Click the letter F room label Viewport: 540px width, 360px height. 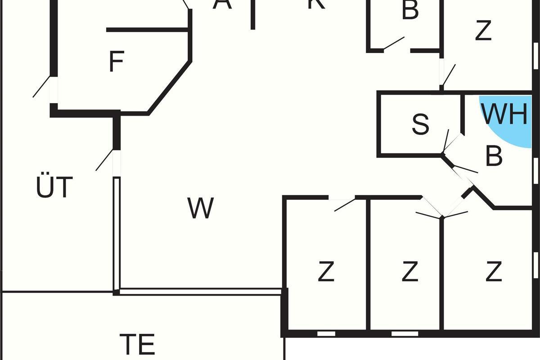[x=117, y=62]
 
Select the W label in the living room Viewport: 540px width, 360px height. [x=201, y=208]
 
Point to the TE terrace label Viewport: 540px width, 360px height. [x=138, y=344]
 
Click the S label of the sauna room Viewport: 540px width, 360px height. [x=420, y=125]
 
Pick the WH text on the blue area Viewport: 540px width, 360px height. [x=504, y=114]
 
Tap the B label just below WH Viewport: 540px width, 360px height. [x=494, y=156]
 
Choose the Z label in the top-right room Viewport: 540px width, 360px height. [x=483, y=31]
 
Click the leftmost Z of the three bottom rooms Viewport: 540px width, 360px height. [x=326, y=272]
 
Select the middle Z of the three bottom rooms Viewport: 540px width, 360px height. [x=409, y=272]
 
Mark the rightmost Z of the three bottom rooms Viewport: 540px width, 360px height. [x=494, y=272]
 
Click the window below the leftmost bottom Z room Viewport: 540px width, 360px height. [x=326, y=333]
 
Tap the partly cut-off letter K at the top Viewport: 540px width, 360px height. [x=316, y=4]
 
